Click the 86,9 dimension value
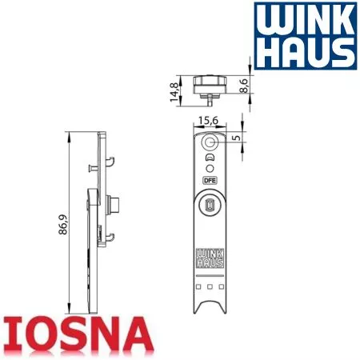(x=63, y=225)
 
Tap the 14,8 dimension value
(x=174, y=92)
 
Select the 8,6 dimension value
(x=243, y=86)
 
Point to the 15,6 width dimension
(x=208, y=121)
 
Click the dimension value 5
(x=236, y=138)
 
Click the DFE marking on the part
(x=210, y=181)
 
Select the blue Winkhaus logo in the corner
(x=305, y=36)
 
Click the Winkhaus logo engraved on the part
(x=210, y=258)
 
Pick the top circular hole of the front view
(x=210, y=142)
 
